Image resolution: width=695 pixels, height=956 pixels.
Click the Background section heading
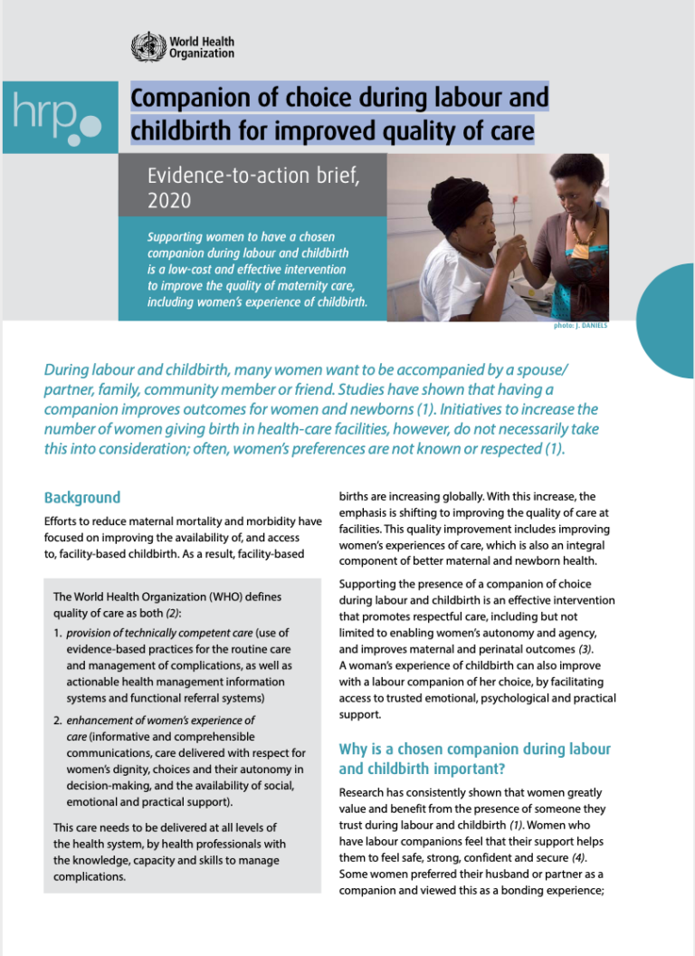coord(82,498)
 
